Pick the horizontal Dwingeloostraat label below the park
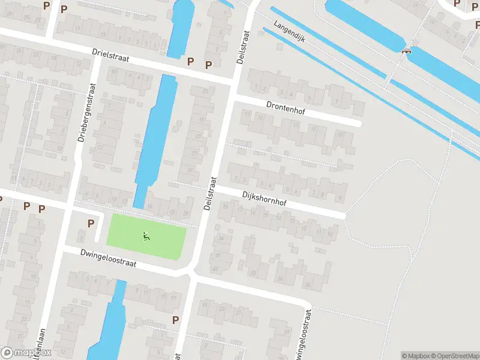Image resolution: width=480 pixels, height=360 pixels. point(109,259)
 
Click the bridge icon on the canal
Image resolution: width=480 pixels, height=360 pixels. point(408,51)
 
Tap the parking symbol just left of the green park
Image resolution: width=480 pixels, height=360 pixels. point(91,223)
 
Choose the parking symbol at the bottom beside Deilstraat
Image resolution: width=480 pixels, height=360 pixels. point(175,320)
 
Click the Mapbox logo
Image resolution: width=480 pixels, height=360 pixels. point(26,353)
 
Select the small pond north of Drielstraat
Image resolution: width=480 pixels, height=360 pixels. point(181,27)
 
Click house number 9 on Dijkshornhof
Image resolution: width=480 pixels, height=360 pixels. point(340,198)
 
